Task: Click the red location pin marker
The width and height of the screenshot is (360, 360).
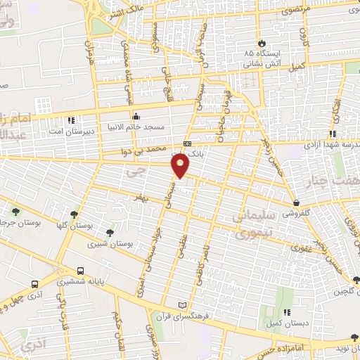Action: click(181, 165)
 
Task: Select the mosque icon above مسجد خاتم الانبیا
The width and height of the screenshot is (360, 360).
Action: click(135, 116)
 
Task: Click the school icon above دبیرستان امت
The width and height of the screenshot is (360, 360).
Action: click(70, 120)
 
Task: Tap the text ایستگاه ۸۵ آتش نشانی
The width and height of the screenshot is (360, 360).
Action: click(263, 58)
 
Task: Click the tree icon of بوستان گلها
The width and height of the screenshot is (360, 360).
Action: click(74, 214)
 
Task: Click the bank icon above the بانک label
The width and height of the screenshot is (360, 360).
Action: click(186, 143)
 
